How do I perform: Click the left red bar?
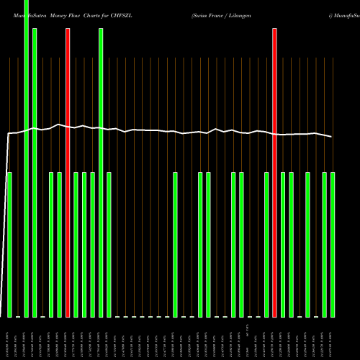[x=68, y=173]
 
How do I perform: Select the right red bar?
[x=275, y=173]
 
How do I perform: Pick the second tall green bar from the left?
[x=35, y=173]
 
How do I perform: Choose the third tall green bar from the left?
[x=101, y=173]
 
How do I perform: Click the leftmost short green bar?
[x=10, y=245]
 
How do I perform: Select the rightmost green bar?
[x=333, y=245]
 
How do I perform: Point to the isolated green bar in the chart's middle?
[x=176, y=245]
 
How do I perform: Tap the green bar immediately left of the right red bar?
[x=266, y=245]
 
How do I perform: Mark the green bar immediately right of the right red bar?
[x=284, y=245]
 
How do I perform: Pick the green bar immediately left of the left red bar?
[x=59, y=245]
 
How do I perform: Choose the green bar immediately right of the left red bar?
[x=76, y=245]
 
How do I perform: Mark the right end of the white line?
[x=332, y=137]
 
